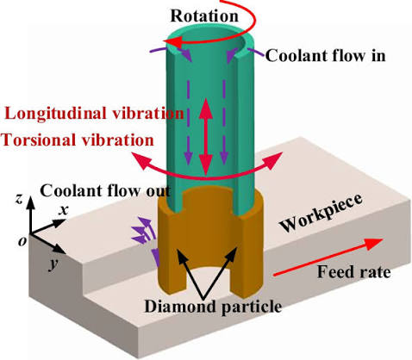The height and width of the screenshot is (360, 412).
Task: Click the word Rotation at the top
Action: tap(204, 16)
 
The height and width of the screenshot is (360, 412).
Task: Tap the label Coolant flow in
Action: tap(325, 56)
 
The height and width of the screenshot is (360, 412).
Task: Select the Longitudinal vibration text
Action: tap(95, 115)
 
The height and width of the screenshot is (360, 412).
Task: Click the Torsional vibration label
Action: tap(78, 140)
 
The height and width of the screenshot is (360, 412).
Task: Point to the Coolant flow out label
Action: tap(105, 191)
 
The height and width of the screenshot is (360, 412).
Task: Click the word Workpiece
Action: tap(321, 213)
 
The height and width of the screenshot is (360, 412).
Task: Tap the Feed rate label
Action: tap(353, 271)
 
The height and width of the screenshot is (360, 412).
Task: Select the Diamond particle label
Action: tap(213, 307)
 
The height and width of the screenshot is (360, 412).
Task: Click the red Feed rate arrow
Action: tap(328, 258)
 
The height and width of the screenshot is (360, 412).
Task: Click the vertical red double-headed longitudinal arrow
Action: tap(206, 136)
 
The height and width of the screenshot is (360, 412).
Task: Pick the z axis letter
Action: tap(19, 197)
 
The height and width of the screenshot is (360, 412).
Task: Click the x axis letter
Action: tap(64, 210)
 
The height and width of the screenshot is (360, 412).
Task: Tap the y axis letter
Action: tap(53, 264)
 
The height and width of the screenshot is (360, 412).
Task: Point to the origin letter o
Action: tap(22, 241)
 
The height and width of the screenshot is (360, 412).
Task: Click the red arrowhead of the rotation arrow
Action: tap(175, 42)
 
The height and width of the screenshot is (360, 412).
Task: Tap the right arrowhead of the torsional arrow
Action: tap(273, 160)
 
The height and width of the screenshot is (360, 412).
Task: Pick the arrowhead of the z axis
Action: tap(31, 200)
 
